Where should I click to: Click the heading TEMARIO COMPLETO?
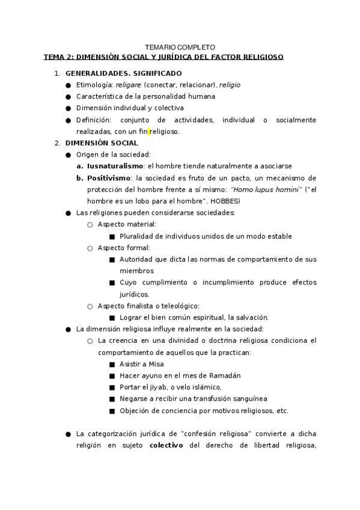(x=180, y=47)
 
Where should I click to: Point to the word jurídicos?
(x=134, y=294)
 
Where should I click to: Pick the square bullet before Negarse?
(x=112, y=399)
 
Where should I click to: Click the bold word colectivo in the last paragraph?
(x=166, y=445)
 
